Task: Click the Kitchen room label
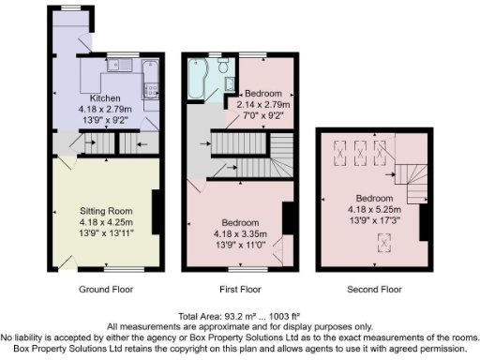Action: (x=104, y=98)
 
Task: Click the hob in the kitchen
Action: (x=150, y=90)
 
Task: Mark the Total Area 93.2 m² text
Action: (x=240, y=316)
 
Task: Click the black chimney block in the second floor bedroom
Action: (x=425, y=224)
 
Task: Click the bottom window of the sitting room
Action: (x=103, y=269)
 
